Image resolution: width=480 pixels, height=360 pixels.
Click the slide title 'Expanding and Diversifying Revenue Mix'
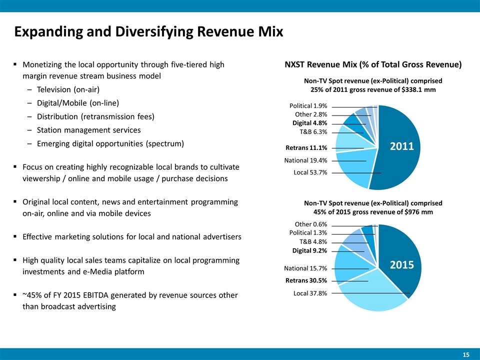coord(148,32)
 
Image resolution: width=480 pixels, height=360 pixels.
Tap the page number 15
coord(465,354)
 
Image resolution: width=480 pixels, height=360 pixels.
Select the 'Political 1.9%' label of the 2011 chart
coord(308,106)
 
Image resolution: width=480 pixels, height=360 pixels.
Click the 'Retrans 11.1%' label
coord(306,148)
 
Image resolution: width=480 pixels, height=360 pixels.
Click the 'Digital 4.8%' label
coord(309,123)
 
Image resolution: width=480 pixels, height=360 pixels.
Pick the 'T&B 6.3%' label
coord(313,132)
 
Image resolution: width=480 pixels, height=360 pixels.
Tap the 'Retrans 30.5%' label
coord(306,281)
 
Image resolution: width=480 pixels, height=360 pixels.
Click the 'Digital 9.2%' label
coord(309,250)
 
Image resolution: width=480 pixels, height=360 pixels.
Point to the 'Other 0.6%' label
coord(311,224)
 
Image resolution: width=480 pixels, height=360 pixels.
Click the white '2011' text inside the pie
coord(402,146)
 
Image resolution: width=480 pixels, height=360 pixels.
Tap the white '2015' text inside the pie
coord(402,265)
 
